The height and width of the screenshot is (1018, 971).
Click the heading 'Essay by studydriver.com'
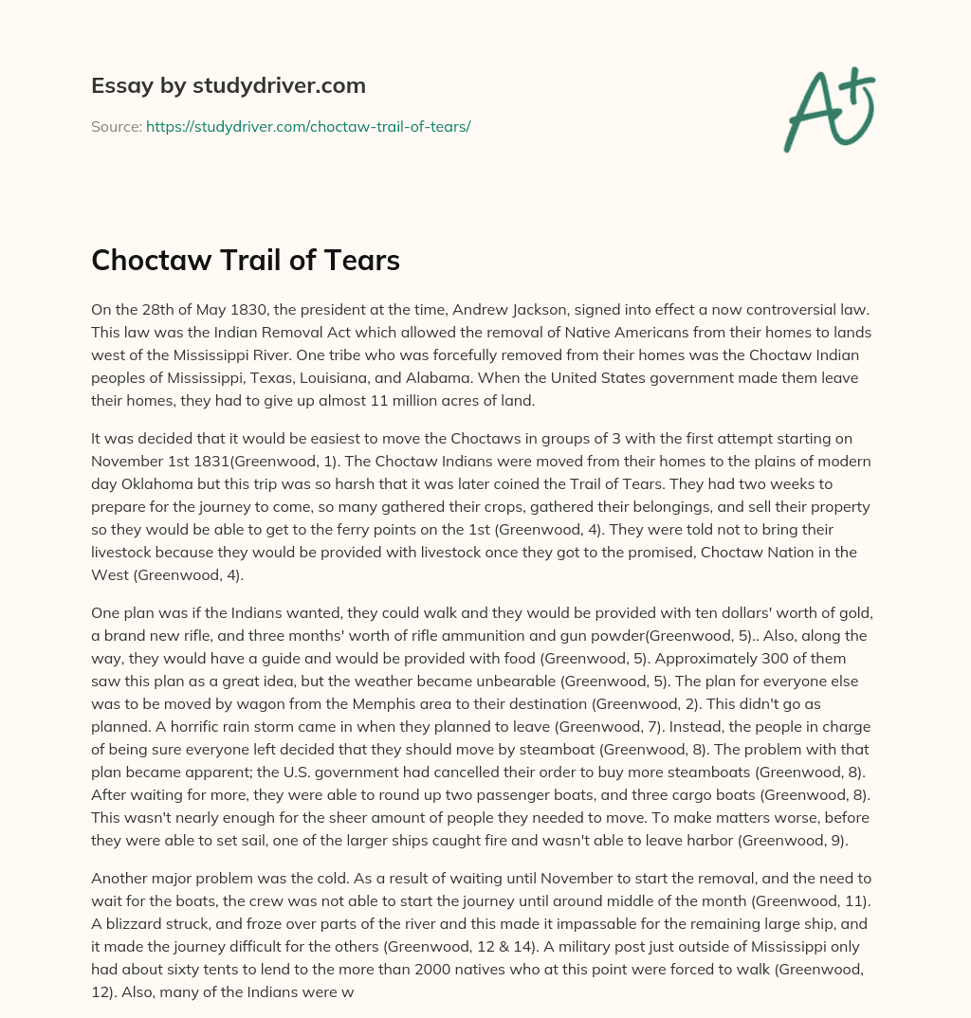[228, 85]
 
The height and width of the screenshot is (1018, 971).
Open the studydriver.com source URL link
[308, 126]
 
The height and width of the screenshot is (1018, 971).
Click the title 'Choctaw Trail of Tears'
[246, 261]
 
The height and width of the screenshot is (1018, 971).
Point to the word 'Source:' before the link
[116, 126]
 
